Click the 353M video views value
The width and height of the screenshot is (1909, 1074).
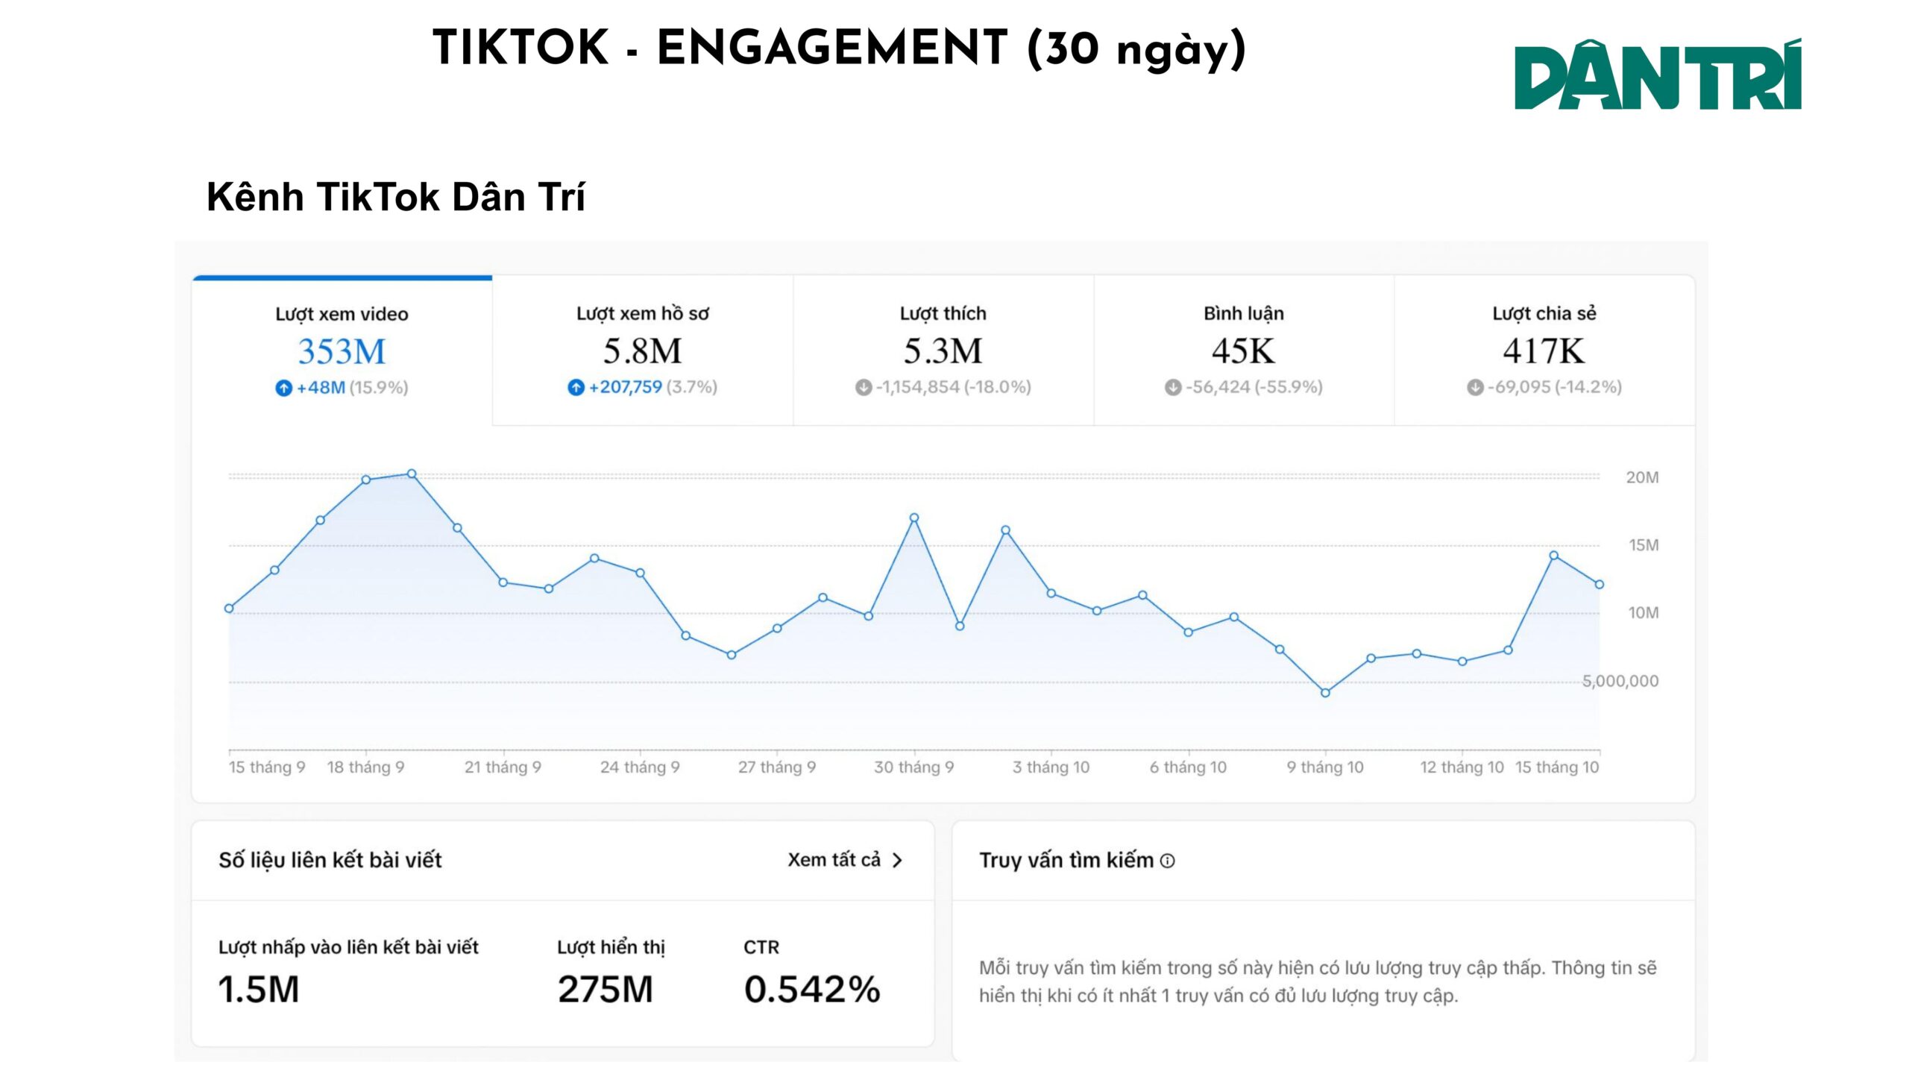(x=342, y=351)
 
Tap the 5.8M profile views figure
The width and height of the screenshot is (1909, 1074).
(x=642, y=351)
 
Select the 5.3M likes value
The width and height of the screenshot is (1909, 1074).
(x=943, y=351)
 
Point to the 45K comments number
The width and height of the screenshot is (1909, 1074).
(x=1243, y=351)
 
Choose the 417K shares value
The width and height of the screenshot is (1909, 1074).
(x=1544, y=351)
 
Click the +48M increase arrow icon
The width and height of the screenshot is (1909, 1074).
(x=283, y=388)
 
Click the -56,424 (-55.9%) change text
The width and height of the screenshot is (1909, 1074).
(x=1254, y=387)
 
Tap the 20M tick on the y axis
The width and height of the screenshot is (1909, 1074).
(x=1642, y=477)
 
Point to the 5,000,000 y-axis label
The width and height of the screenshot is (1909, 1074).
(x=1620, y=681)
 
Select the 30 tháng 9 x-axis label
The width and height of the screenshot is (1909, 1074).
(x=913, y=767)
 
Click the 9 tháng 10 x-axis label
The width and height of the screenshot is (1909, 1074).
(x=1324, y=767)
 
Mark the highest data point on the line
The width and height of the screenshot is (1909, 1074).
(x=412, y=474)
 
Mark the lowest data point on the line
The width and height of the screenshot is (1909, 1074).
(x=1325, y=693)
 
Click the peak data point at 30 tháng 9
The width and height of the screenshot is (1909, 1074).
(x=914, y=518)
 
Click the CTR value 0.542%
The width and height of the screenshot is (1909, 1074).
(x=812, y=990)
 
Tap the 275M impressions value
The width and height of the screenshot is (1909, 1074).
(x=605, y=990)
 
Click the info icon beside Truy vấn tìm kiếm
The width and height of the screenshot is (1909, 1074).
(x=1168, y=861)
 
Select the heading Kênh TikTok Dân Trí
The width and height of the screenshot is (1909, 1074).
(x=395, y=197)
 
